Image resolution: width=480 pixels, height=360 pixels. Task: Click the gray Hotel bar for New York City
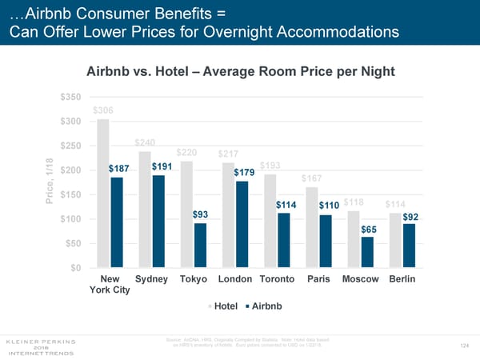[102, 193]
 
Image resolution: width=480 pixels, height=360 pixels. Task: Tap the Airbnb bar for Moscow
[367, 252]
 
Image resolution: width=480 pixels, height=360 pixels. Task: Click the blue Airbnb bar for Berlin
[409, 246]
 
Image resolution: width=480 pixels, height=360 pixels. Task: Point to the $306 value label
[102, 110]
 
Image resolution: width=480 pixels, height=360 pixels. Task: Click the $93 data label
[201, 214]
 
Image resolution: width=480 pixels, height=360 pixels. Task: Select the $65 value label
[369, 230]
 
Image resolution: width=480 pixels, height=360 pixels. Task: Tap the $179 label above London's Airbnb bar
[244, 172]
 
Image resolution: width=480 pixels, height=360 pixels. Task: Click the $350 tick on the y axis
[70, 97]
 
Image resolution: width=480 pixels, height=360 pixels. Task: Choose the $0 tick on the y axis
[74, 268]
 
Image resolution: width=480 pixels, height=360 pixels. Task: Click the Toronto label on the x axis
[278, 278]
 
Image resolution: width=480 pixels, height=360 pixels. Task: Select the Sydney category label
[152, 278]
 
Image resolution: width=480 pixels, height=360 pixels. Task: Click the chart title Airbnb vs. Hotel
[240, 70]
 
